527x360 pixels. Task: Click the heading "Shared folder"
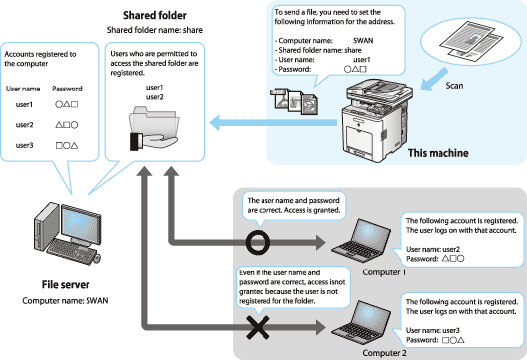[154, 16]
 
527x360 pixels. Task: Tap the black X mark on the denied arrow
[258, 327]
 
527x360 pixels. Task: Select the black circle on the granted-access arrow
[258, 242]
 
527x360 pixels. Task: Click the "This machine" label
[438, 153]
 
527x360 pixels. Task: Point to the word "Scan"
[454, 86]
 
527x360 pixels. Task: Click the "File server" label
[66, 285]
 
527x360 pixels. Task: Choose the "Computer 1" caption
[384, 272]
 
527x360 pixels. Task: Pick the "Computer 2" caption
[384, 353]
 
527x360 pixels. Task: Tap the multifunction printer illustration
[377, 120]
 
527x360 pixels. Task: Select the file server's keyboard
[72, 251]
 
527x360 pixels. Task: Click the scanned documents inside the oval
[470, 42]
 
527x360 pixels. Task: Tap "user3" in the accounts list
[24, 145]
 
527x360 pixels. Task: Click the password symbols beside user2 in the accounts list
[67, 125]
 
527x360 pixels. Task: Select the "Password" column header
[67, 89]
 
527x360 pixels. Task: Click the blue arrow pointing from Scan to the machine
[434, 80]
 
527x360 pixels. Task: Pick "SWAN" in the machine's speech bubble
[363, 41]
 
